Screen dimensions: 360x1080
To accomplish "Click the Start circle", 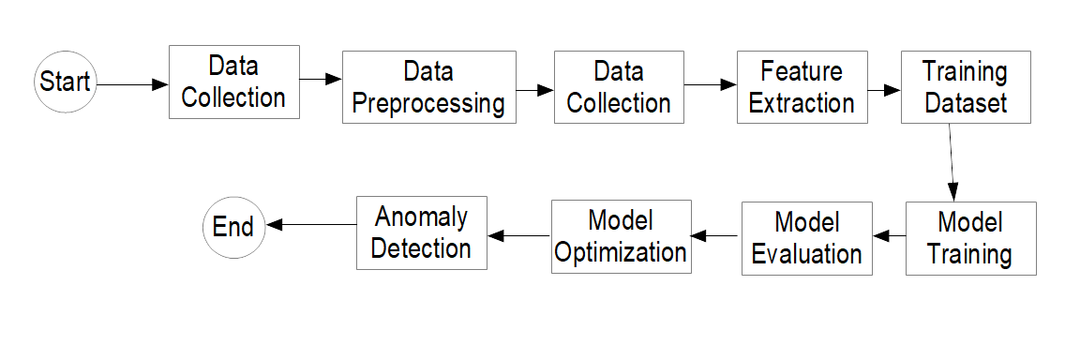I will (65, 82).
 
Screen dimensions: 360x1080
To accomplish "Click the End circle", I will (233, 227).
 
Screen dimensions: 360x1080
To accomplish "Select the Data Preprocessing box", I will (428, 86).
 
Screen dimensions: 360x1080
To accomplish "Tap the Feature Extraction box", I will (802, 86).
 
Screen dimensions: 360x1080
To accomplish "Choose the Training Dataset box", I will (967, 86).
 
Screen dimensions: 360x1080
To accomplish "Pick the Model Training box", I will (970, 238).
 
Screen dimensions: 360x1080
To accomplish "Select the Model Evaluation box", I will (806, 238).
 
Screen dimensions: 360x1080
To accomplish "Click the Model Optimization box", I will (621, 236).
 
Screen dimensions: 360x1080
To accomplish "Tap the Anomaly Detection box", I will (422, 232).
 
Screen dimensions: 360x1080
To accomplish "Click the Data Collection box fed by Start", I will (233, 82).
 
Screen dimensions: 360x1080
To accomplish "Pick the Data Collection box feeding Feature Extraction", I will (619, 86).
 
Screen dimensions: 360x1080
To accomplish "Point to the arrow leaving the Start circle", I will (131, 83).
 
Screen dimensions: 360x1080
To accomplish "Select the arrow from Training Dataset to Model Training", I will (952, 161).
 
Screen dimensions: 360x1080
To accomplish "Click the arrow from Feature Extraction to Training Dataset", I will (883, 91).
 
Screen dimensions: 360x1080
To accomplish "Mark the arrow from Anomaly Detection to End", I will (310, 224).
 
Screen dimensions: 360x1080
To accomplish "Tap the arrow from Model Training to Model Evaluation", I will (889, 237).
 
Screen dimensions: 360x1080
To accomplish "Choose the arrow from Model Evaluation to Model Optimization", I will (716, 237).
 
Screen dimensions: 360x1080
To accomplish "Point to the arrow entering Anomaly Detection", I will (519, 235).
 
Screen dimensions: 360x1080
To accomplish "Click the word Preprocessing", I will (428, 101).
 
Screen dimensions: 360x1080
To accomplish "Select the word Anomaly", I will (421, 217).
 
